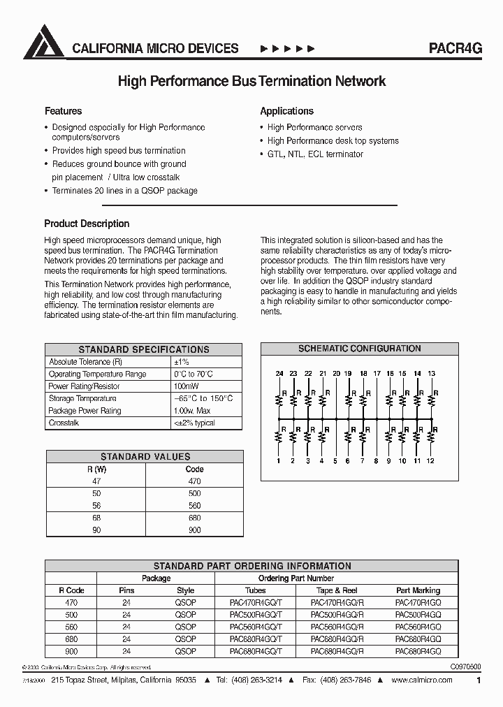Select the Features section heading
[x=63, y=111]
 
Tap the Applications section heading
[x=286, y=111]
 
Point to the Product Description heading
[x=87, y=224]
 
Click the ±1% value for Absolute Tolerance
[x=181, y=362]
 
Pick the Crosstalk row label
[x=64, y=423]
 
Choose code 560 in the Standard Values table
[x=194, y=506]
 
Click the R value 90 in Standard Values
[x=96, y=530]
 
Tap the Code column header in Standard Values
[x=194, y=469]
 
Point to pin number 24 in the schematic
[x=279, y=374]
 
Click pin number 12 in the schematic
[x=430, y=461]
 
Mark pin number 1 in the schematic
[x=279, y=461]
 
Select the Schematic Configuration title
[x=359, y=349]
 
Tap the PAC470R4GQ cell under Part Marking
[x=418, y=602]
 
